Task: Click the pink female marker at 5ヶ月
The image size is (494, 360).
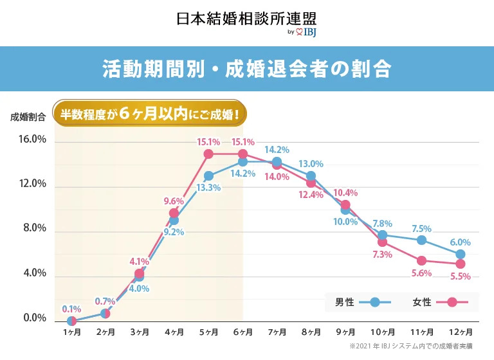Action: pyautogui.click(x=208, y=154)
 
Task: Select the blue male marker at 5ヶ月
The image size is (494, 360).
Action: pyautogui.click(x=208, y=175)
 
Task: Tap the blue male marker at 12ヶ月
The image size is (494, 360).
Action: pyautogui.click(x=460, y=255)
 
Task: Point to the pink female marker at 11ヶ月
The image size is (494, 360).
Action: pyautogui.click(x=421, y=261)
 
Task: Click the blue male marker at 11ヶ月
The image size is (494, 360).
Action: pyautogui.click(x=421, y=240)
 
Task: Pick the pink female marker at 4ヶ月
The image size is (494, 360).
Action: pyautogui.click(x=174, y=213)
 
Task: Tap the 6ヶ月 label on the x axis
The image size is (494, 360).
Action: pyautogui.click(x=242, y=332)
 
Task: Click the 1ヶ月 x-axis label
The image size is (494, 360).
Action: pyautogui.click(x=71, y=332)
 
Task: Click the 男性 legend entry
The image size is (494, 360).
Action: pyautogui.click(x=363, y=301)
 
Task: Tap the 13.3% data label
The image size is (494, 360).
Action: pyautogui.click(x=208, y=188)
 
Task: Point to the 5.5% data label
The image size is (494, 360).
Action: pyautogui.click(x=460, y=276)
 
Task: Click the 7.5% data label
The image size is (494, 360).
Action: pyautogui.click(x=421, y=228)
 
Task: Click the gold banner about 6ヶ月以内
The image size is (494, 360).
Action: pyautogui.click(x=150, y=117)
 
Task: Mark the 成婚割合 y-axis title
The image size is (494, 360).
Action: pyautogui.click(x=28, y=117)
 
